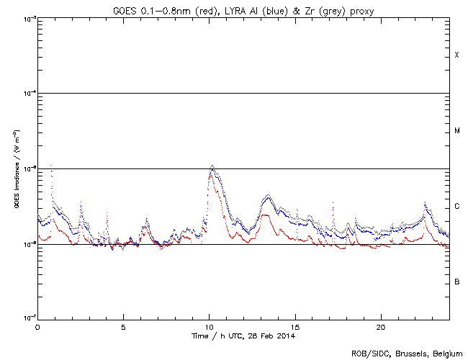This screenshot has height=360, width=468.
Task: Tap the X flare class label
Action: [x=456, y=55]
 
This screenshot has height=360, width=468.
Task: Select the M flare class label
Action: [x=456, y=131]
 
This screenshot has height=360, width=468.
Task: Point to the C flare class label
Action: [x=456, y=207]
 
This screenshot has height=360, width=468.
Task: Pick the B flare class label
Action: [x=456, y=282]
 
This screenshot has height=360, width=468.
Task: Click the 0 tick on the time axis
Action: [x=37, y=326]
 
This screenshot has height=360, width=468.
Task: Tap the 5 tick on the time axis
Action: [x=123, y=326]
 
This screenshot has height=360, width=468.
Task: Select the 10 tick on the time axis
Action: [x=210, y=326]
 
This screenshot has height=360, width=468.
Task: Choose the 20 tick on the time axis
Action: [x=382, y=326]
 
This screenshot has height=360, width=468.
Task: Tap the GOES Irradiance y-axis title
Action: [x=15, y=168]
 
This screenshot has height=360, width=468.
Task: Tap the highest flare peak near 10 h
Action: [x=212, y=166]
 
